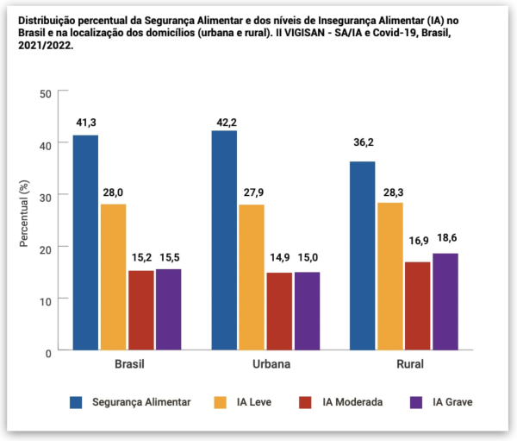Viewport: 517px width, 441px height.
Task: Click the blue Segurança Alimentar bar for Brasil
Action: tap(85, 243)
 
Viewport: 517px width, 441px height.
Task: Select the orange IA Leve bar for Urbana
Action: tap(252, 277)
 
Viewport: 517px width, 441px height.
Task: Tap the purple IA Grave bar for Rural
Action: tap(445, 301)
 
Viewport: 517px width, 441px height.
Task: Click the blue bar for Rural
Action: tap(362, 255)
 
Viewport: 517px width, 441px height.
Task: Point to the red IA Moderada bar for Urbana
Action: tap(279, 312)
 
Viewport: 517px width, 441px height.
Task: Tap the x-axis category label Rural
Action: tap(409, 365)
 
